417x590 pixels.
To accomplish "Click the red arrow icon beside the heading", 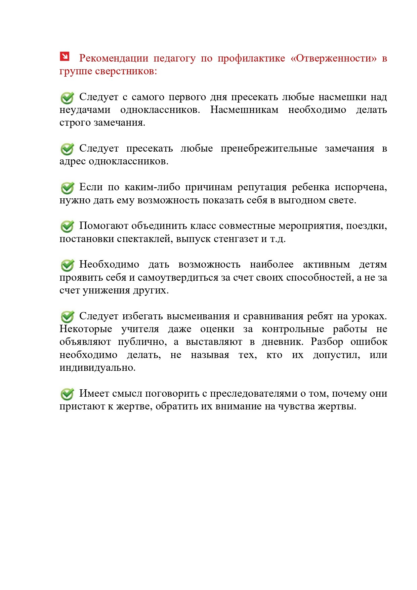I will pos(65,56).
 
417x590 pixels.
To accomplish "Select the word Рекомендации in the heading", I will pos(114,58).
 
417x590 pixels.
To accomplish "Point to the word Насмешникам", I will pos(244,110).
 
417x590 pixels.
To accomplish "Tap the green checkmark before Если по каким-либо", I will pos(68,188).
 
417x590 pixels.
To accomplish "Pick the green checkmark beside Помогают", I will pos(68,226).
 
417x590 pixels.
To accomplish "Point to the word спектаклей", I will pos(145,239).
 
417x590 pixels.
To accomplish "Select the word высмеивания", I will pos(198,316).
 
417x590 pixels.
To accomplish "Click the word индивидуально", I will pos(97,368).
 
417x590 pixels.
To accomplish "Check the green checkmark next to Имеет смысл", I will pos(68,394).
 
